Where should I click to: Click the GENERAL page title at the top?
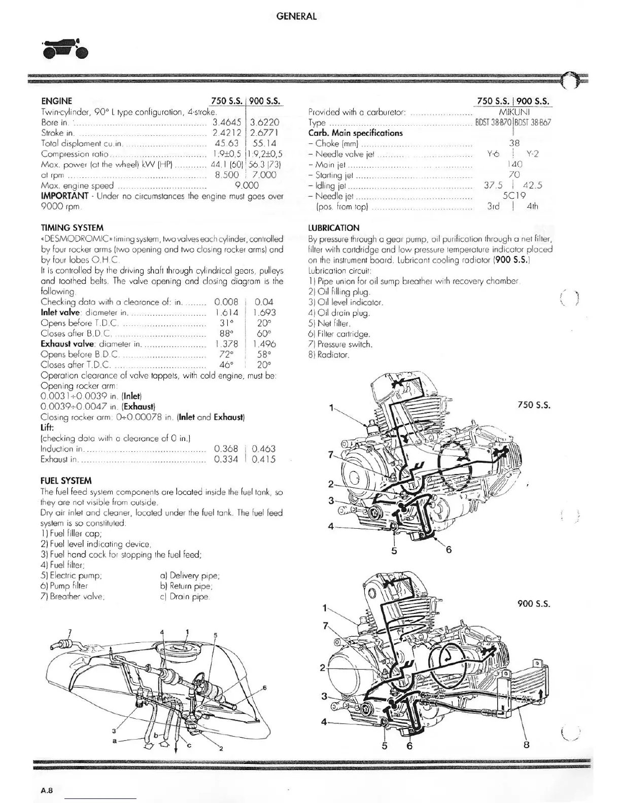(x=296, y=16)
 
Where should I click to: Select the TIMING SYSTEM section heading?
(x=72, y=228)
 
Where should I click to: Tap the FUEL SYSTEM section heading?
(x=66, y=481)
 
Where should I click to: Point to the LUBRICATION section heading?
(x=333, y=228)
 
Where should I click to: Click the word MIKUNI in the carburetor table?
(x=514, y=112)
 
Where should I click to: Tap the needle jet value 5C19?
(x=514, y=196)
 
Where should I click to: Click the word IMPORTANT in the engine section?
(x=64, y=196)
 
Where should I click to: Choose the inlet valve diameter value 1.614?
(x=226, y=313)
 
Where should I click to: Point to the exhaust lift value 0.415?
(x=264, y=459)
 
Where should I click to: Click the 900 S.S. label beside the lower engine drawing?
(x=534, y=604)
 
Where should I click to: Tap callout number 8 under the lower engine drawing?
(x=526, y=745)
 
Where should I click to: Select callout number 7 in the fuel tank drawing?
(x=71, y=631)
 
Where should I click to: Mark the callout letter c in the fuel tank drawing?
(x=189, y=746)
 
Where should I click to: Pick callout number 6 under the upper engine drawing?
(x=448, y=550)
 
